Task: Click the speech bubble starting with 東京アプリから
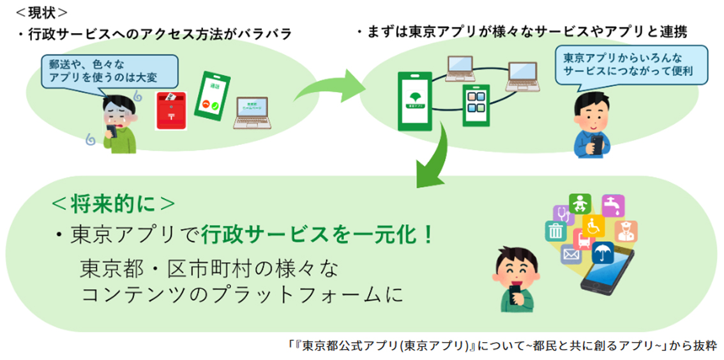click(631, 64)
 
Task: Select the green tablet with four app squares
click(476, 105)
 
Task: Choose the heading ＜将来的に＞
click(112, 204)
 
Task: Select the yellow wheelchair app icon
click(593, 225)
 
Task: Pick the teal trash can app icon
click(555, 230)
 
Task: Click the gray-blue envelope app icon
click(570, 255)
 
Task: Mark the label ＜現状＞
click(42, 12)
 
